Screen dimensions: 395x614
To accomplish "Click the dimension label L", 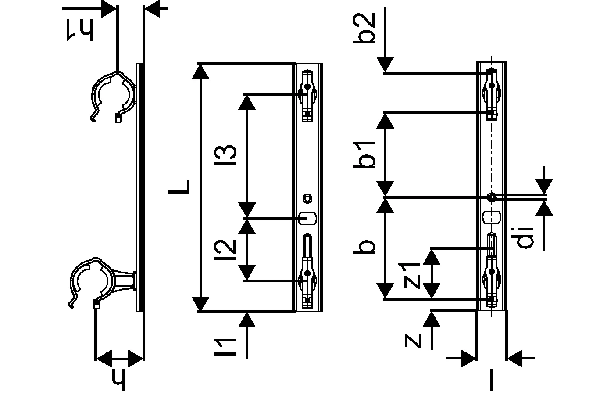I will coord(179,187).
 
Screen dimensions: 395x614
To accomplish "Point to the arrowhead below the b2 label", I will coord(385,65).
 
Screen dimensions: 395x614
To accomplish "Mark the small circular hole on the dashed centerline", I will coord(492,197).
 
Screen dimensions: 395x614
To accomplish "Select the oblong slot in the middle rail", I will coord(307,217).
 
